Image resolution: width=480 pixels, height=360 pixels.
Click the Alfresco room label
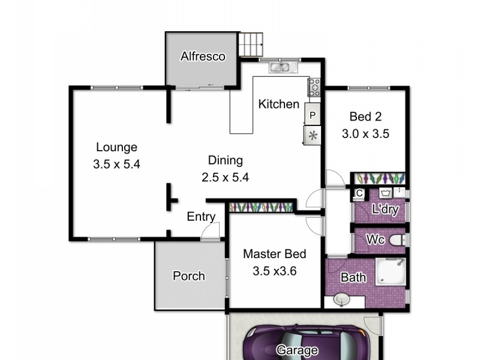(x=203, y=58)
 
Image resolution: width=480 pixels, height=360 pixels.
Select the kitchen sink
(x=280, y=67)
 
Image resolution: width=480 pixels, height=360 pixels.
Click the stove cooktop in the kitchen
(x=315, y=88)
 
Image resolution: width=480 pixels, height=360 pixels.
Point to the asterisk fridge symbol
(x=313, y=135)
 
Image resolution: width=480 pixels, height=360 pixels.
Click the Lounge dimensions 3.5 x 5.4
(x=116, y=163)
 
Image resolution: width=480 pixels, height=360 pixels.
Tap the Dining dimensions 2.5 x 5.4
(x=225, y=177)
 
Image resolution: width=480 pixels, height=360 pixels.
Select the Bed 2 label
(x=365, y=117)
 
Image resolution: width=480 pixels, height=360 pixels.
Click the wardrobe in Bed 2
(x=378, y=179)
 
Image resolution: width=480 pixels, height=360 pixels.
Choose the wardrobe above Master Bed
(x=261, y=206)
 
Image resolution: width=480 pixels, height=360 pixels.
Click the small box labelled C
(x=359, y=193)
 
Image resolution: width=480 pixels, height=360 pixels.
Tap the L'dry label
(x=386, y=211)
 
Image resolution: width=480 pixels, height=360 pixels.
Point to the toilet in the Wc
(x=397, y=240)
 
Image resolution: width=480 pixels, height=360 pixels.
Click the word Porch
(x=188, y=277)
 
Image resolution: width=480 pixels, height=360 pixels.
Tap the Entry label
(x=201, y=217)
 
